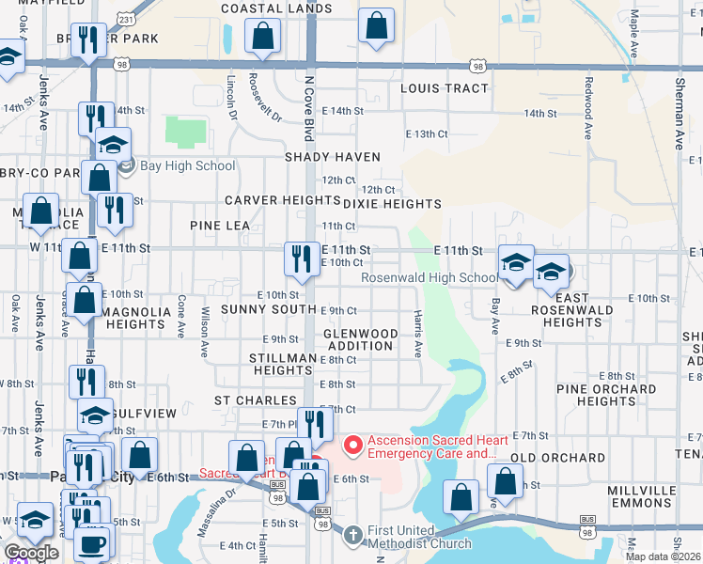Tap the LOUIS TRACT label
point(445,88)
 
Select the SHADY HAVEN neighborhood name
point(334,157)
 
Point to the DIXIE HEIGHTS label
point(392,204)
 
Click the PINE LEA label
point(219,226)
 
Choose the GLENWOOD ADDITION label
point(360,339)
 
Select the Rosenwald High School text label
point(430,278)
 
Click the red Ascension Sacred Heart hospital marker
point(353,444)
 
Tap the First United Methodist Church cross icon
point(352,535)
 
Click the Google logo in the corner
point(31,553)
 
